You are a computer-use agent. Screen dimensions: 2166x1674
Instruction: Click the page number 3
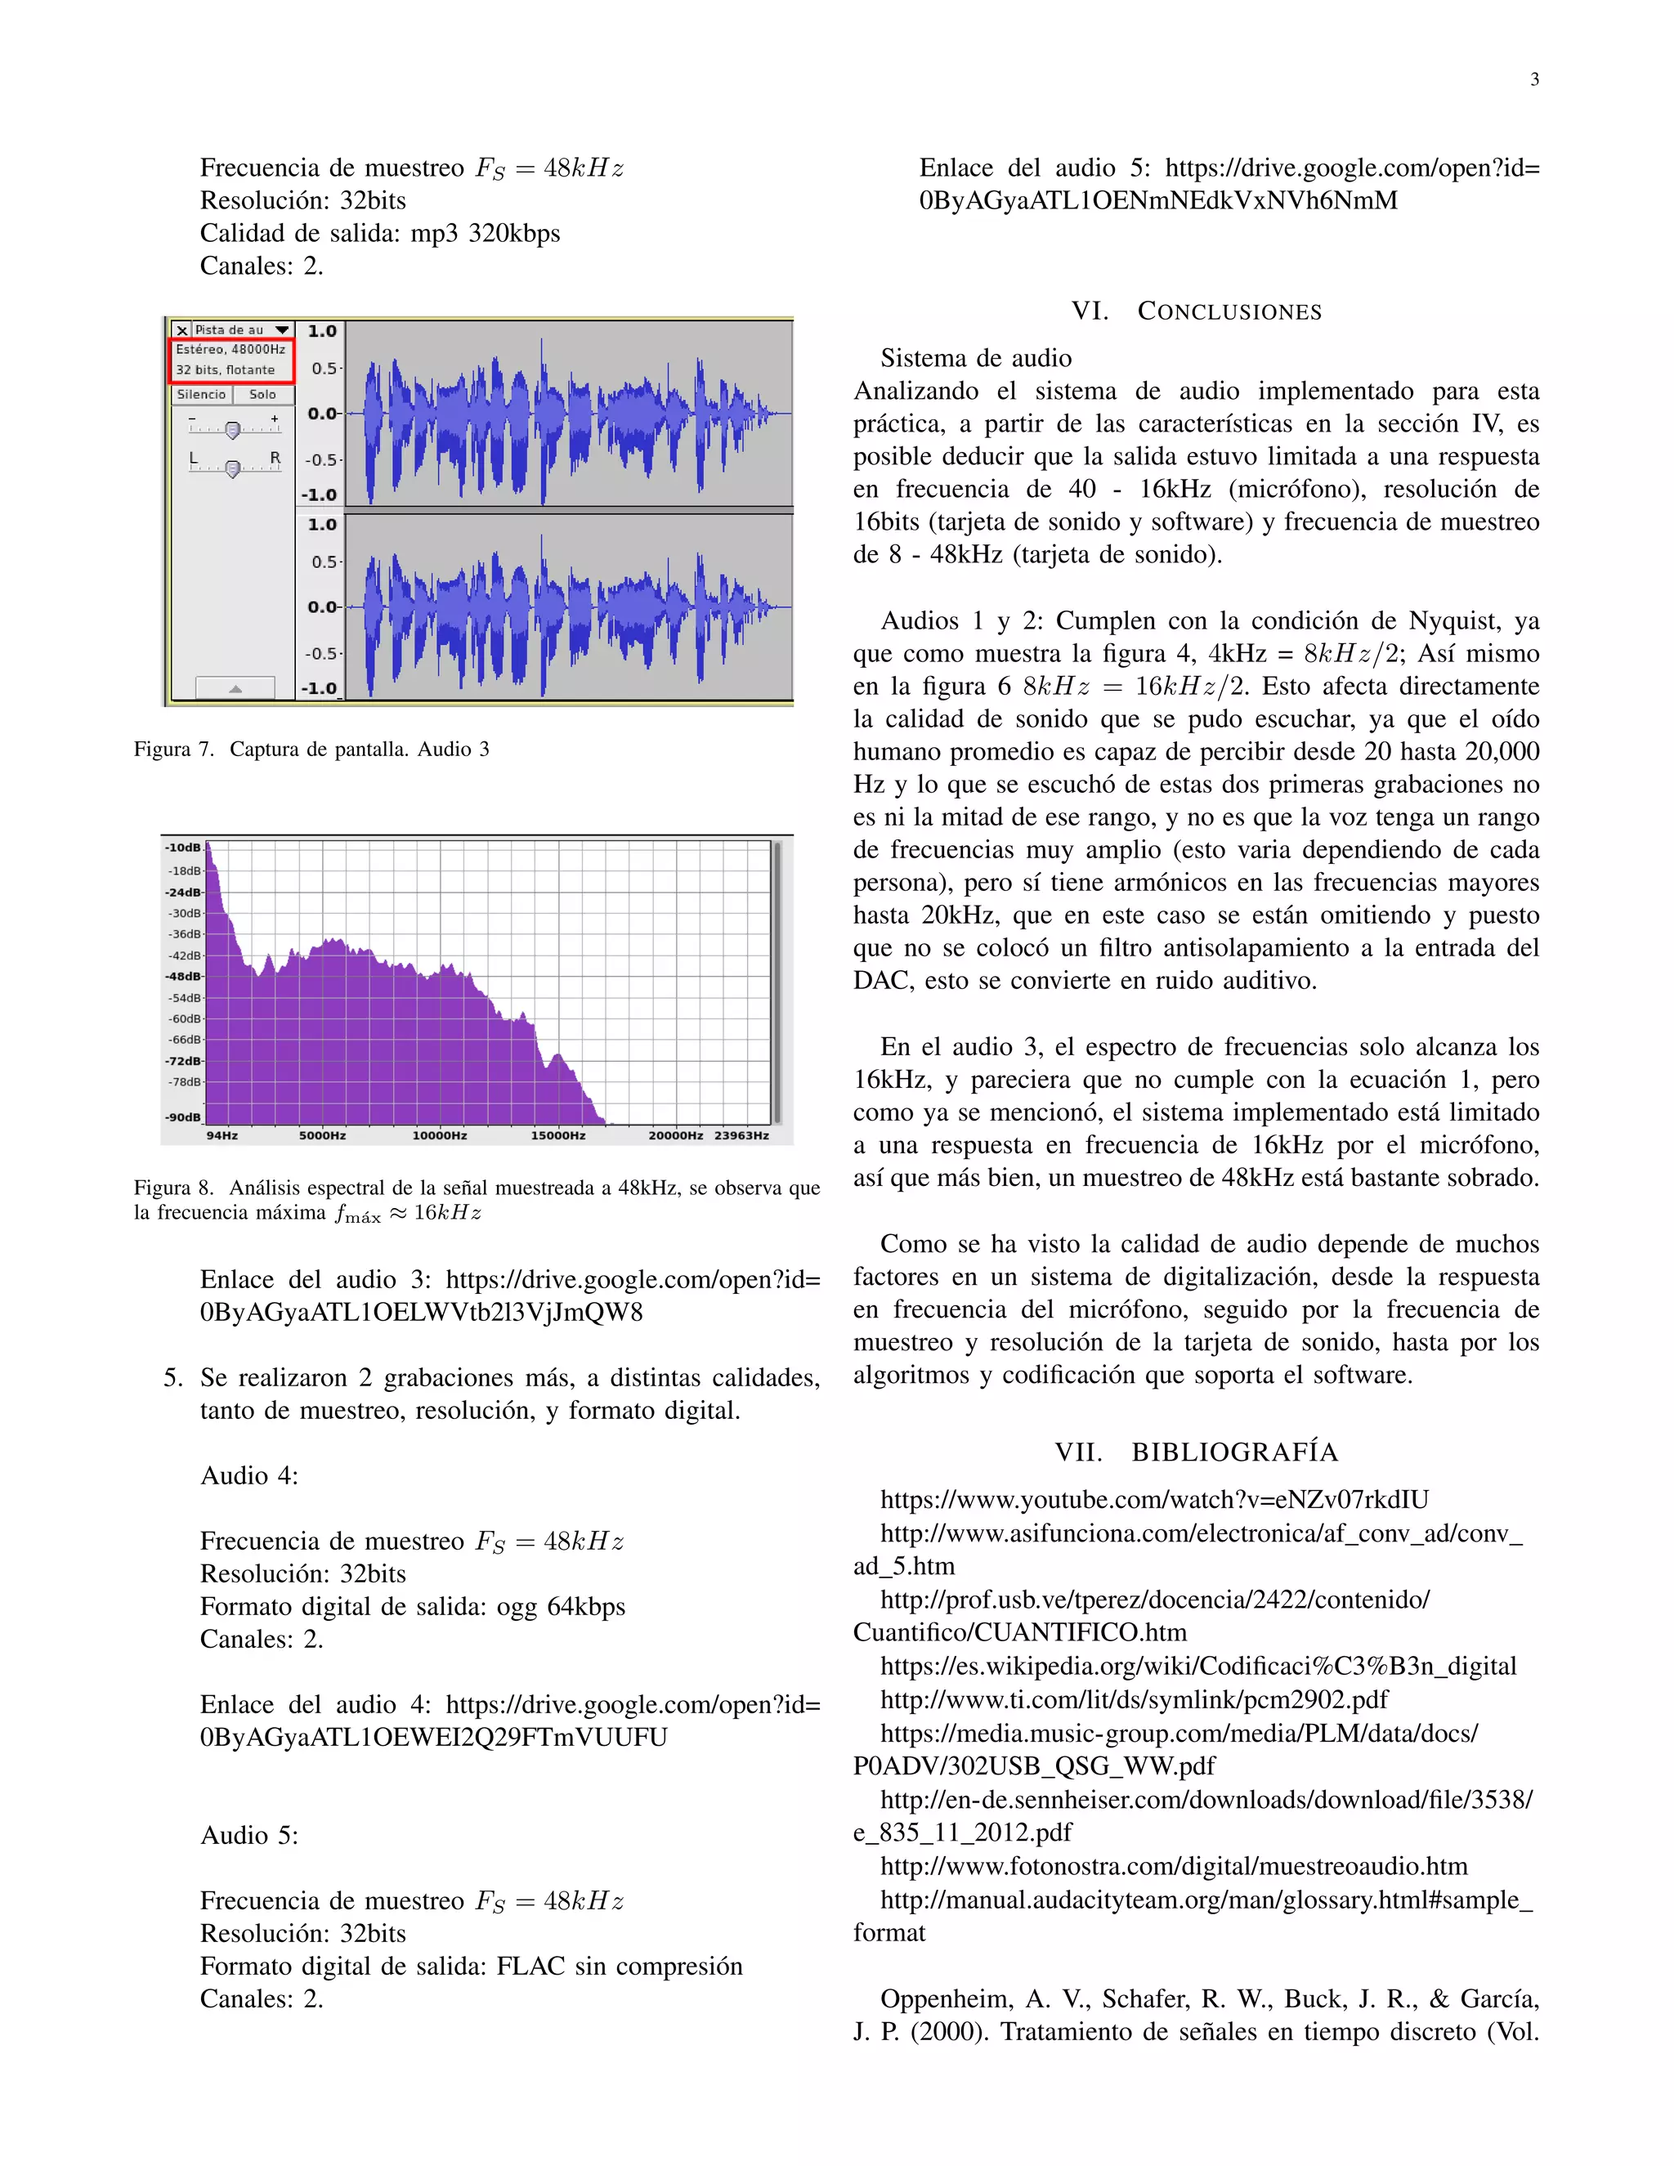click(x=1534, y=79)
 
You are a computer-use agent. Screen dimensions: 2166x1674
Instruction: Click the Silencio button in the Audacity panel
click(x=201, y=395)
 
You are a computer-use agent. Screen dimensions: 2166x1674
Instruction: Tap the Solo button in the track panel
click(x=263, y=395)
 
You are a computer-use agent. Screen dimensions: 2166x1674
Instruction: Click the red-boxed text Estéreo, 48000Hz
click(x=231, y=349)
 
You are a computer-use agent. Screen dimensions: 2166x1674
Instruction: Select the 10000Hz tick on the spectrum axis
click(x=439, y=1135)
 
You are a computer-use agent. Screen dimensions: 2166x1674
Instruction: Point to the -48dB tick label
click(x=183, y=976)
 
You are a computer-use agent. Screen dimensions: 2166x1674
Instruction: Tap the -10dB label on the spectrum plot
click(x=183, y=848)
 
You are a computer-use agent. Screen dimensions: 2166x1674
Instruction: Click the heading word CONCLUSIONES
click(x=1229, y=311)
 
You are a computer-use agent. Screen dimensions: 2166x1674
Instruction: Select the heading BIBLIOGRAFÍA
click(x=1235, y=1453)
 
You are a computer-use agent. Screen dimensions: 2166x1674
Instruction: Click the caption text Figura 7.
click(x=173, y=749)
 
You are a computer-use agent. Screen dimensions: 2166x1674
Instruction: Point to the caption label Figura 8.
click(x=173, y=1188)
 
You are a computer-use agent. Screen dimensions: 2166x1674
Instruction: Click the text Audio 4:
click(x=249, y=1475)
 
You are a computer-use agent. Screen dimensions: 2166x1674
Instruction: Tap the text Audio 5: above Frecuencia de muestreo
click(x=249, y=1836)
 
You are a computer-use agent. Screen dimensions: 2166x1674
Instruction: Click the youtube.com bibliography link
click(x=1153, y=1500)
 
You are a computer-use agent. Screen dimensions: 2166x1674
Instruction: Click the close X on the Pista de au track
click(x=181, y=330)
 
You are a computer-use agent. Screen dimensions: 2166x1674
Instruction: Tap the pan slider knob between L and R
click(x=232, y=468)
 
